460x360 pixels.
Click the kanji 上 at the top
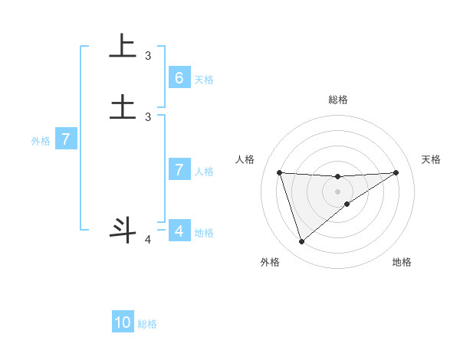coord(123,46)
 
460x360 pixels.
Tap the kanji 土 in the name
coord(123,106)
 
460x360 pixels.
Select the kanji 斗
coord(123,229)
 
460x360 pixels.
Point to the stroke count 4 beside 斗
coord(148,240)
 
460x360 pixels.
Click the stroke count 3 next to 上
coord(148,56)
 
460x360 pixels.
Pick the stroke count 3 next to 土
coord(148,116)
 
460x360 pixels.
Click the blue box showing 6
coord(179,77)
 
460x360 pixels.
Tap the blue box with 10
coord(123,322)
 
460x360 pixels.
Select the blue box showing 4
coord(179,231)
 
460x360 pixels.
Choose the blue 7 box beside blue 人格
coord(179,170)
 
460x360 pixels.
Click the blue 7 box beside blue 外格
coord(66,139)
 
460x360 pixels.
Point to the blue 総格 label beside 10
coord(147,324)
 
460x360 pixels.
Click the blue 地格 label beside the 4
coord(204,233)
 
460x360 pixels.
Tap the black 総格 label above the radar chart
coord(337,100)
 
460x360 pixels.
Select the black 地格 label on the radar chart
coord(402,263)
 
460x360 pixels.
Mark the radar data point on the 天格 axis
coord(396,172)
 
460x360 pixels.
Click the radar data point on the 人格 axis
coord(279,172)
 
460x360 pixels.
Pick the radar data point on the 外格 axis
coord(301,242)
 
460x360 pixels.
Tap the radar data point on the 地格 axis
coord(347,204)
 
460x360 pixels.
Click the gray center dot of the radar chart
coord(337,191)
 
